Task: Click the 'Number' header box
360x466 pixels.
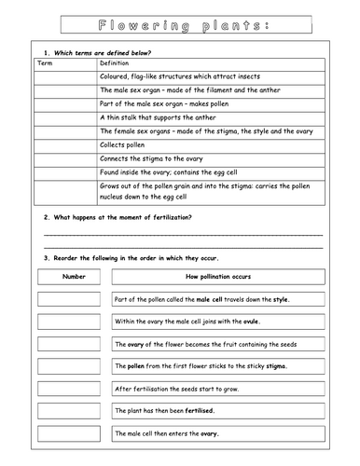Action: pyautogui.click(x=73, y=277)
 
